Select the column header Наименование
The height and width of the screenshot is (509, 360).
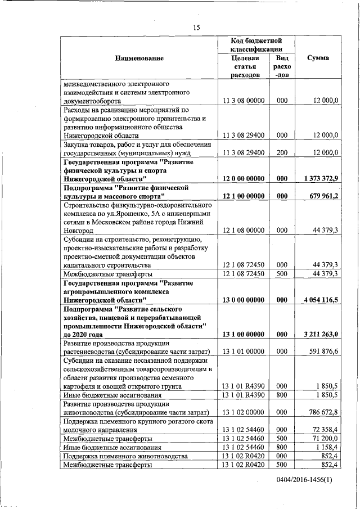tap(139, 58)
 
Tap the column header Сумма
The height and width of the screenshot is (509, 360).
tap(318, 58)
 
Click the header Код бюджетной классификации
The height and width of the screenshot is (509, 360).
tap(256, 45)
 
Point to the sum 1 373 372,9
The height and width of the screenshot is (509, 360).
tap(320, 178)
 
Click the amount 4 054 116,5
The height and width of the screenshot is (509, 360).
tap(320, 300)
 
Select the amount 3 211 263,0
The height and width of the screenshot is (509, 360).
tap(320, 335)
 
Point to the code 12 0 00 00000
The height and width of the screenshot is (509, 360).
tap(244, 178)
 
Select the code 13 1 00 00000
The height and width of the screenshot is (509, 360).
tap(244, 335)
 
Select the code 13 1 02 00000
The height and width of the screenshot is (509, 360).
tap(244, 412)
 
